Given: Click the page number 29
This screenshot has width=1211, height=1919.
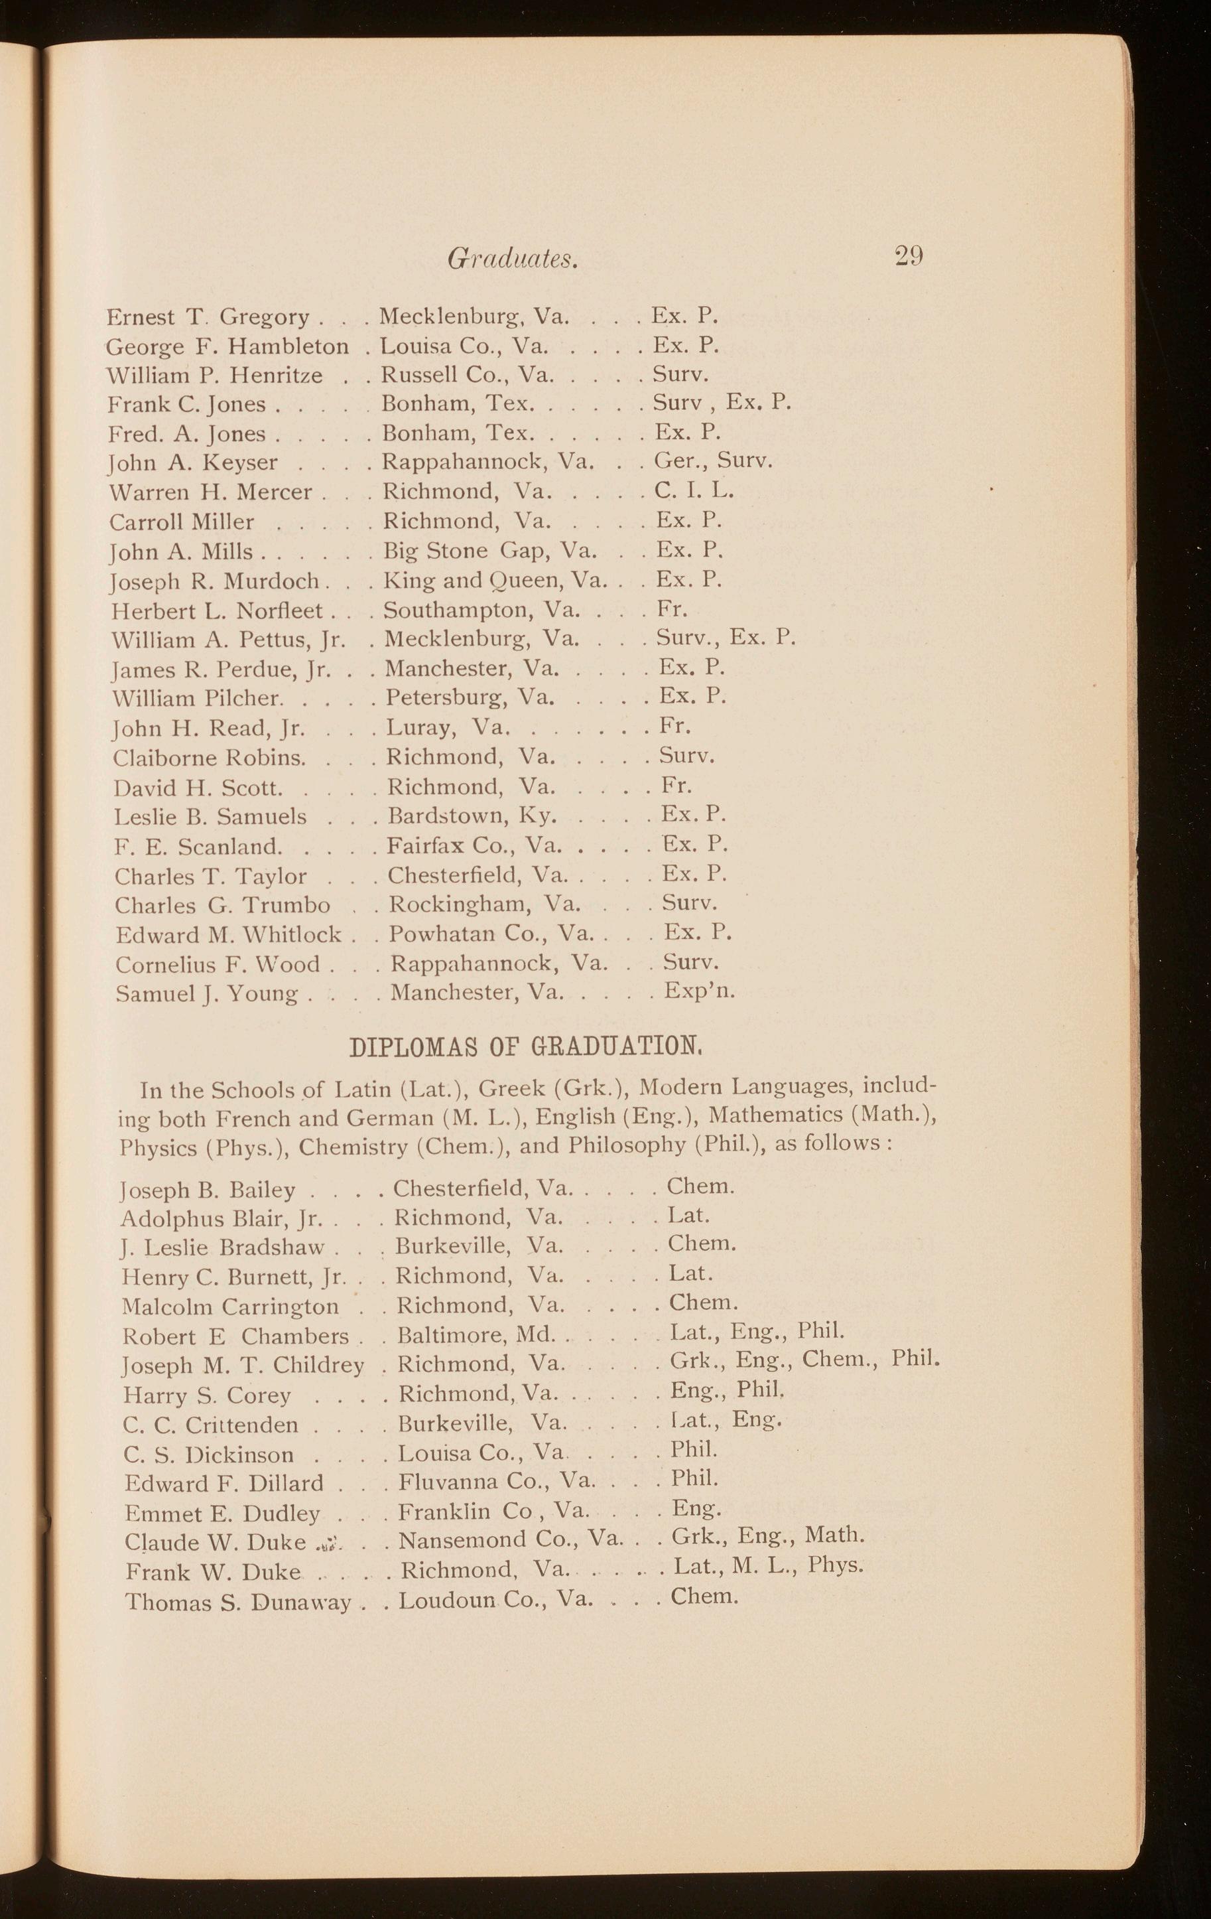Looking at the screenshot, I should (x=909, y=256).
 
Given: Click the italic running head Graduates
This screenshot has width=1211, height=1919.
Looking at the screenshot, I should (x=512, y=258).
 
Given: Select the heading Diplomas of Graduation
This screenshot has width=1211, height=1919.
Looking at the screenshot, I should (x=526, y=1045).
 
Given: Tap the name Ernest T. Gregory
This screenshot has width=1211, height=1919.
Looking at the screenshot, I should (x=207, y=317).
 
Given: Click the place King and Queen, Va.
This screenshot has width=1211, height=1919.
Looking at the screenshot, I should (x=494, y=580).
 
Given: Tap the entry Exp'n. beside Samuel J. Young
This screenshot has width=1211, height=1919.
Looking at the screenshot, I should (x=700, y=991).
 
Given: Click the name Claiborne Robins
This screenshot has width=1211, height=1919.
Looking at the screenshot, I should (x=209, y=757).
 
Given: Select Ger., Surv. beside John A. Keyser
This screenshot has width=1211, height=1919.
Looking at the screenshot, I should (x=712, y=461).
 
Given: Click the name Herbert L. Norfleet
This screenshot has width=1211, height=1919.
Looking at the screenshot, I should (x=217, y=611).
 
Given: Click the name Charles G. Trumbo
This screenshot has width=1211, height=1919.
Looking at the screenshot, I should (x=222, y=905).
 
